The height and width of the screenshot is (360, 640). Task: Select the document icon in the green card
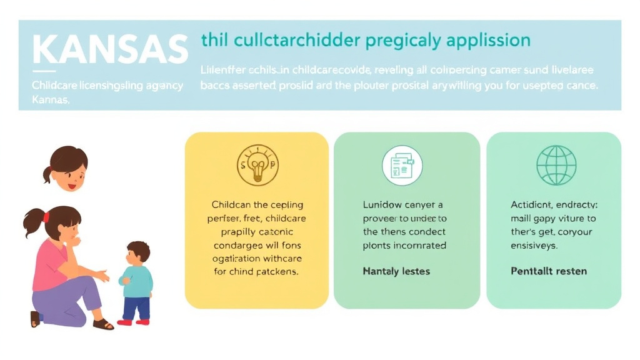coord(402,165)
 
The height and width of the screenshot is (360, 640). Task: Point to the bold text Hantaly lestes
coord(396,271)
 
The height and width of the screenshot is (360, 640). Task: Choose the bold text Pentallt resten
coord(549,271)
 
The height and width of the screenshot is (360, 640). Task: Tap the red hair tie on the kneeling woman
coord(46,217)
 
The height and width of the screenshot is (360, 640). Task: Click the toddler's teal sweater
coord(137,281)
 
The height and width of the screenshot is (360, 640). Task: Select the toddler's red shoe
coord(125,322)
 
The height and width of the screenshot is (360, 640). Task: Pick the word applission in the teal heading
coord(490,41)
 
